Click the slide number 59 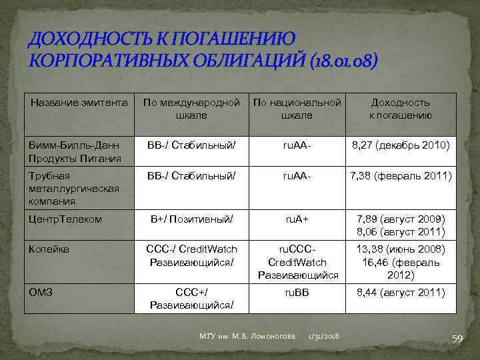click(x=457, y=340)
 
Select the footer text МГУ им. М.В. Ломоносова click(x=247, y=337)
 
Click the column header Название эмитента click(x=79, y=103)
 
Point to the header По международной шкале click(x=191, y=109)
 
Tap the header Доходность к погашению click(x=401, y=109)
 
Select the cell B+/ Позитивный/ click(x=191, y=219)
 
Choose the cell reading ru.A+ click(x=297, y=219)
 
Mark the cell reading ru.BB click(x=297, y=291)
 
